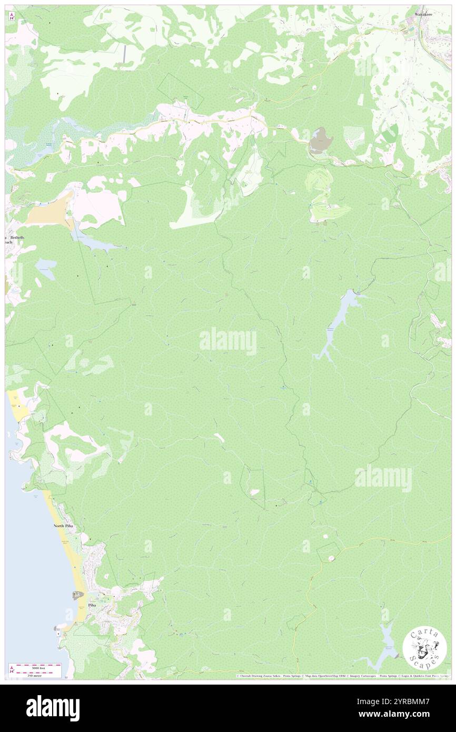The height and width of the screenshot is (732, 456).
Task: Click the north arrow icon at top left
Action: (x=11, y=16)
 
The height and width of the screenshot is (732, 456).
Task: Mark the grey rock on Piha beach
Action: (x=78, y=596)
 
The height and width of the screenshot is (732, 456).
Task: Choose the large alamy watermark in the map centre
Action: (x=228, y=341)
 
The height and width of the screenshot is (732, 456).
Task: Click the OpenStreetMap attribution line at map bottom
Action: (x=342, y=676)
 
